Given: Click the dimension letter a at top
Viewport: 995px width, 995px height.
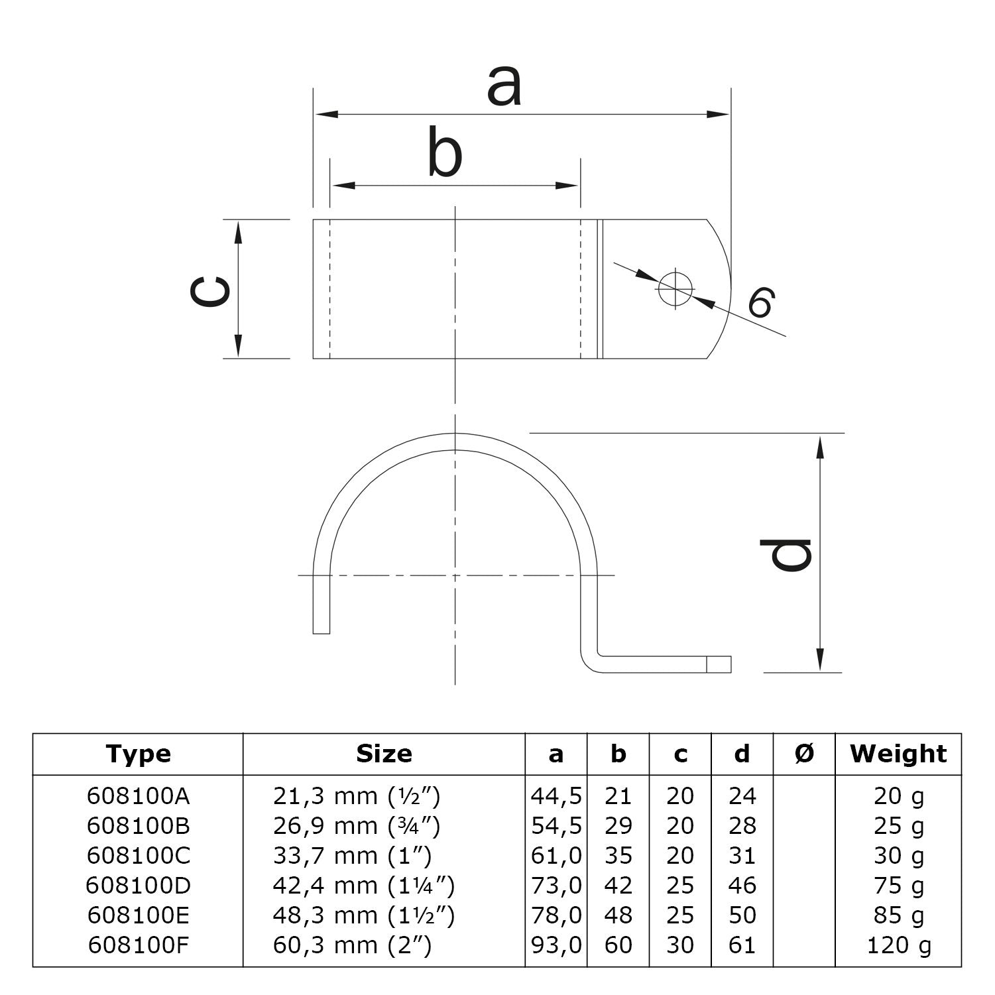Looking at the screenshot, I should pos(504,87).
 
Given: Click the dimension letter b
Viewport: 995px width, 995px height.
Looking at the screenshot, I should pos(444,154).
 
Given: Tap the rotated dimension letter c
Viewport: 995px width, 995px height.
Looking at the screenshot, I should pos(209,292).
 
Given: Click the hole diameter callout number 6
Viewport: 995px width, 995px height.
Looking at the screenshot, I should pos(761,303).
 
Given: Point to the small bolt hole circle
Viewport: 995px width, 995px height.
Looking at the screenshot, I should pos(675,288).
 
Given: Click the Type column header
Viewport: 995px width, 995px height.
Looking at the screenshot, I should pos(138,754).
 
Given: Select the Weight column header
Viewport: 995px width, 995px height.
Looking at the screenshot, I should pos(898,754).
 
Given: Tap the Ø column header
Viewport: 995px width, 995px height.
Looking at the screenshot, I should pos(804,754).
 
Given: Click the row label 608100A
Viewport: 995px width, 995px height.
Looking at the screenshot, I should pos(138,796).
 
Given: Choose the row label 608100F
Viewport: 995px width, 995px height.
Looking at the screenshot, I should pos(138,945).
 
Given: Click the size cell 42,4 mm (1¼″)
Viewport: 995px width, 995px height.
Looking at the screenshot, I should pos(363,886).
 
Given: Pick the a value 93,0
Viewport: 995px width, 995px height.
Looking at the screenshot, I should pos(556,945).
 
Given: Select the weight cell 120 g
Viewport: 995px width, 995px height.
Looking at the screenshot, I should pos(898,945).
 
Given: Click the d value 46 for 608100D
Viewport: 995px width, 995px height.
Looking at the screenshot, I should pos(742,886).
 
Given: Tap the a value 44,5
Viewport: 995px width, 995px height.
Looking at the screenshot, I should pos(556,796).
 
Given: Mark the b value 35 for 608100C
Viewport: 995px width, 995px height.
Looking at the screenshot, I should pos(618,856).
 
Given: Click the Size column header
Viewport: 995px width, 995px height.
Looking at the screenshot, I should pos(384,754).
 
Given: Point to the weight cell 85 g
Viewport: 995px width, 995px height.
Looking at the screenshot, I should pos(898,915).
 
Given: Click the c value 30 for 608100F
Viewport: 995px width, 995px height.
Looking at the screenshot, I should pos(680,945).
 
